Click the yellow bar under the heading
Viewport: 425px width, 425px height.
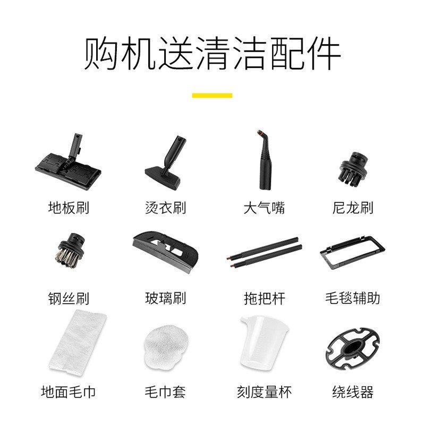212,96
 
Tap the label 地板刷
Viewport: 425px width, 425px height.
68,208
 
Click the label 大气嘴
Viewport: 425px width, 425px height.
264,208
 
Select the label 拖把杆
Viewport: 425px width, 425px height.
264,298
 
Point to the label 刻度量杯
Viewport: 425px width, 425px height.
264,393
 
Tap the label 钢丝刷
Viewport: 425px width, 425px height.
68,298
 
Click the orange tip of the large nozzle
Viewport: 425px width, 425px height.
259,131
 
